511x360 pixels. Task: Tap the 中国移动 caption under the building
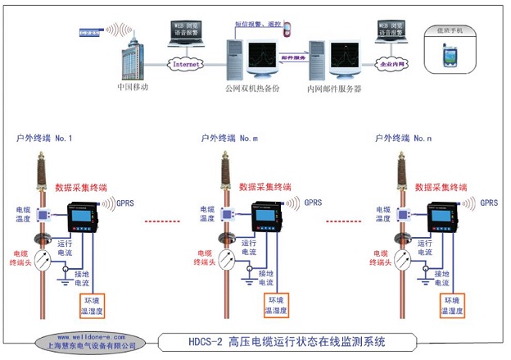[133, 86]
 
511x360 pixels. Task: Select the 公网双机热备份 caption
[252, 87]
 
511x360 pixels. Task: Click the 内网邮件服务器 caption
[334, 87]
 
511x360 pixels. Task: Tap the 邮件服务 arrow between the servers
[293, 58]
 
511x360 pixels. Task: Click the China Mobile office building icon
[132, 53]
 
